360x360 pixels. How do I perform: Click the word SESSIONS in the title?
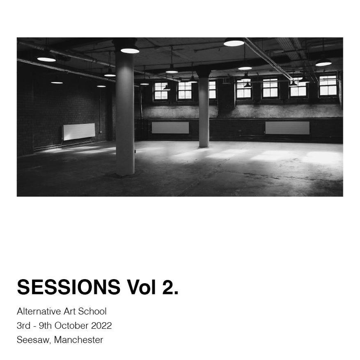(x=69, y=287)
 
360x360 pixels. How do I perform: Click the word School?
(x=92, y=311)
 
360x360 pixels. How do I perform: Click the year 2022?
(x=101, y=326)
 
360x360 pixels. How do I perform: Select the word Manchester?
(x=78, y=340)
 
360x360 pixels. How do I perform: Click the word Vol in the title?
(x=141, y=287)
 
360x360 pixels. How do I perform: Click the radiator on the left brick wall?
(x=79, y=131)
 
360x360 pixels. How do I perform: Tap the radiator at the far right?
(x=287, y=128)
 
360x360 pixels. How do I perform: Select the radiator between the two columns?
(x=170, y=128)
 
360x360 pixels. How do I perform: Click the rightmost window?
(x=328, y=85)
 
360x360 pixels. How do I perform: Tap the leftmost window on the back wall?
(x=161, y=91)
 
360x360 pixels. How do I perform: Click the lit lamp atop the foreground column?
(x=130, y=50)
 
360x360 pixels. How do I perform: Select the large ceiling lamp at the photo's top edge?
(x=234, y=42)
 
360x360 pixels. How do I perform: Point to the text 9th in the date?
(x=45, y=326)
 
